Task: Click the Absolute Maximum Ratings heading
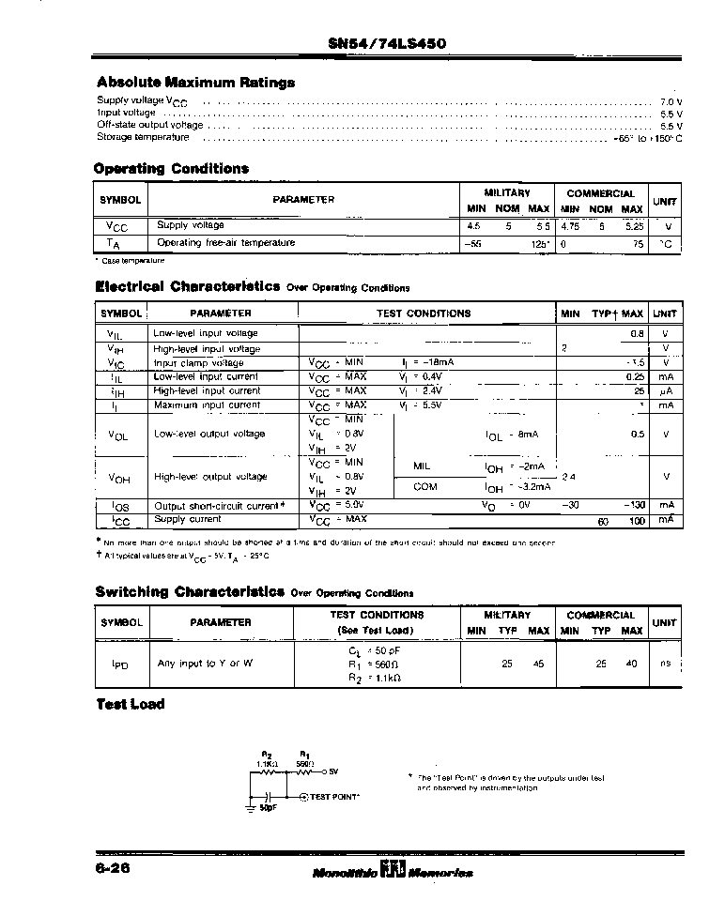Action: [195, 83]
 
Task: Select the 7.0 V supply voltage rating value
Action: [671, 101]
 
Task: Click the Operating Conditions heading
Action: [171, 169]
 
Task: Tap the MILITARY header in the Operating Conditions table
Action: [507, 193]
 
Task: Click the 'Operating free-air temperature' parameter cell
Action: [225, 243]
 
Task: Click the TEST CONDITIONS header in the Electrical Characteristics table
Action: [424, 313]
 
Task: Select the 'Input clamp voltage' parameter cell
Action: [198, 363]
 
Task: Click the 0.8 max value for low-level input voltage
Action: [637, 333]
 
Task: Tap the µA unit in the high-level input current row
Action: [666, 390]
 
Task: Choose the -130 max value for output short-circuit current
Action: [635, 505]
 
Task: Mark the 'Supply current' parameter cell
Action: [188, 519]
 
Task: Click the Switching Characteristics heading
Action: [190, 592]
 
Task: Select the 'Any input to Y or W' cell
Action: [205, 664]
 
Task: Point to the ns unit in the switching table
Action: [665, 664]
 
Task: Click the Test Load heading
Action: [131, 705]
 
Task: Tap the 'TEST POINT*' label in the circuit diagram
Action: [333, 796]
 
